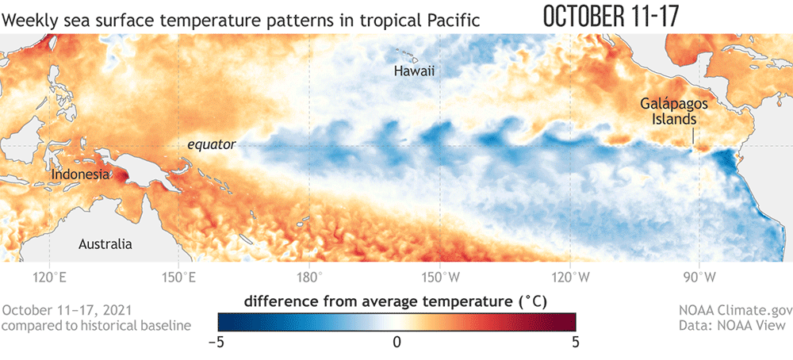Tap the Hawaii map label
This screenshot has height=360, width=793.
[415, 72]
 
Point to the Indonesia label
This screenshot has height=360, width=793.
[80, 174]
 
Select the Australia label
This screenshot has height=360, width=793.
[105, 244]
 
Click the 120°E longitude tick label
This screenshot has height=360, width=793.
[49, 278]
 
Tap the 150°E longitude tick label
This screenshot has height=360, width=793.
[178, 278]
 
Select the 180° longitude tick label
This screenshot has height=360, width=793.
[309, 278]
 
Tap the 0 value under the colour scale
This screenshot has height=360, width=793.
[396, 342]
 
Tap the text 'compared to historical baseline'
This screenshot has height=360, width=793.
[96, 325]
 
